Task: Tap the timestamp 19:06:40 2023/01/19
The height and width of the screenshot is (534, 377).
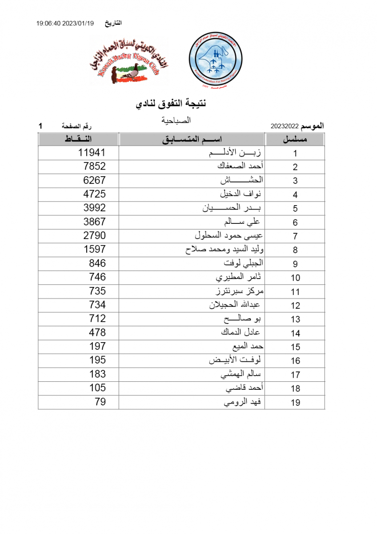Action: (65, 23)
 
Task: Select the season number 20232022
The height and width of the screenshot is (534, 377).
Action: (285, 126)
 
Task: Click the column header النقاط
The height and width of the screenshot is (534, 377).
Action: (79, 139)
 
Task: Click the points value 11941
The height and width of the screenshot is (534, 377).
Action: (92, 153)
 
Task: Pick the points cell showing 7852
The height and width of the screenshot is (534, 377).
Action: (94, 166)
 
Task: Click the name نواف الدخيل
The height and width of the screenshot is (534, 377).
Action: (241, 194)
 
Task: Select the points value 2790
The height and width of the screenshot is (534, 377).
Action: (94, 235)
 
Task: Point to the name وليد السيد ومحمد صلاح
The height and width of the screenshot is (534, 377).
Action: (225, 250)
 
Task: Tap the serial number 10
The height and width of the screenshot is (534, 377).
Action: (295, 278)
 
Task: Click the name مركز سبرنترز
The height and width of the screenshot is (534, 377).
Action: (239, 291)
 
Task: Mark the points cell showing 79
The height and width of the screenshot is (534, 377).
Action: (100, 402)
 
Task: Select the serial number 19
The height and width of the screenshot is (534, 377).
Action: (295, 403)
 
